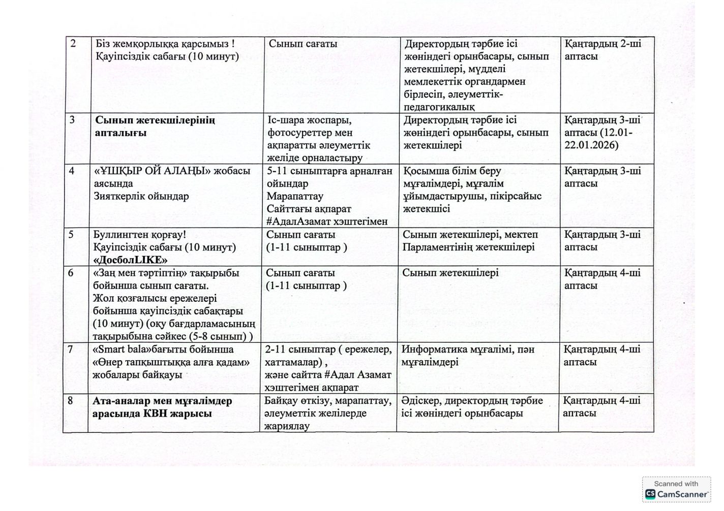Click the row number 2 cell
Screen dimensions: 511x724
[x=73, y=44]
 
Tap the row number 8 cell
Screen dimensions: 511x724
[x=70, y=401]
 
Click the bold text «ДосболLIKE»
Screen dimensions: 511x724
[x=130, y=260]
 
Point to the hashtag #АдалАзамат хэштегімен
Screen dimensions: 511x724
[x=326, y=221]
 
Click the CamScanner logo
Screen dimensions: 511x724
[x=676, y=494]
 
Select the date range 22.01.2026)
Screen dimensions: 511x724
[x=591, y=145]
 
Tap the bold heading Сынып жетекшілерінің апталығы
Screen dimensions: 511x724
[x=155, y=126]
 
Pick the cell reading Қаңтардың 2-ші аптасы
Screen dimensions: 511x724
[x=602, y=50]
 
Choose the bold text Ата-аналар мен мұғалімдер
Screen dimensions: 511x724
[x=162, y=401]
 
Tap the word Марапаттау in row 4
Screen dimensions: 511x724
[x=294, y=196]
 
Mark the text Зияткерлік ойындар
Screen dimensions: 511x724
[x=141, y=196]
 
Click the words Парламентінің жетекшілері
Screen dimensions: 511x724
[x=468, y=247]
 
